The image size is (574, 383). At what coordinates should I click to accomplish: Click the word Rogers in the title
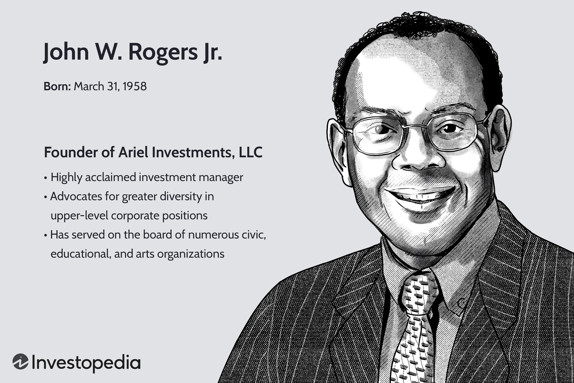click(163, 53)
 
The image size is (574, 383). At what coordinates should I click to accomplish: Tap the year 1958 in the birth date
click(135, 87)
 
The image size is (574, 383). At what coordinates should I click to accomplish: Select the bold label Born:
click(57, 87)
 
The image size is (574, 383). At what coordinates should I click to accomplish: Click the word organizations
click(191, 254)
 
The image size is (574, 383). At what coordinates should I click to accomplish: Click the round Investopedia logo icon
click(21, 362)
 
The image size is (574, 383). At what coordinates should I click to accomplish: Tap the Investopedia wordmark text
click(86, 363)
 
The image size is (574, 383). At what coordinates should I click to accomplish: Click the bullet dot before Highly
click(46, 178)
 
